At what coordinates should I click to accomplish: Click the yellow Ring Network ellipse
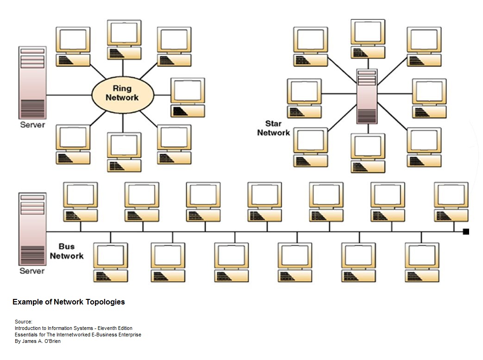tap(122, 93)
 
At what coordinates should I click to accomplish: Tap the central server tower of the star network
tap(367, 96)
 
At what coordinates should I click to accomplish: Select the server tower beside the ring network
tap(32, 82)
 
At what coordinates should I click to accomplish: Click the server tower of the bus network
tap(32, 229)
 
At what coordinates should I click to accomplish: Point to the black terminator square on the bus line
tap(466, 231)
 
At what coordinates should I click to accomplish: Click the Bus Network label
tap(67, 251)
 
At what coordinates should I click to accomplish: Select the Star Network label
tap(273, 128)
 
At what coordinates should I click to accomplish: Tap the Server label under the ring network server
tap(32, 125)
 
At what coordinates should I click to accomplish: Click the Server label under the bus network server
tap(32, 271)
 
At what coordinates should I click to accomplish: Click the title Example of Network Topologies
tap(69, 302)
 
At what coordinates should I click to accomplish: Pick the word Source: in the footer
tap(23, 322)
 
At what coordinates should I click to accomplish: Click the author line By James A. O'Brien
tap(38, 341)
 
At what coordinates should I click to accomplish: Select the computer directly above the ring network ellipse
tap(124, 39)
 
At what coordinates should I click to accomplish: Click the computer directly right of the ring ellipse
tap(188, 97)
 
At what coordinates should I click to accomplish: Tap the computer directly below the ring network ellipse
tap(124, 152)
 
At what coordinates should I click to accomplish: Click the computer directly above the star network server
tap(368, 39)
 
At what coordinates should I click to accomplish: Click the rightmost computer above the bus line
tap(451, 201)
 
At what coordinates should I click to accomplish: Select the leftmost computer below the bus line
tap(110, 262)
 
